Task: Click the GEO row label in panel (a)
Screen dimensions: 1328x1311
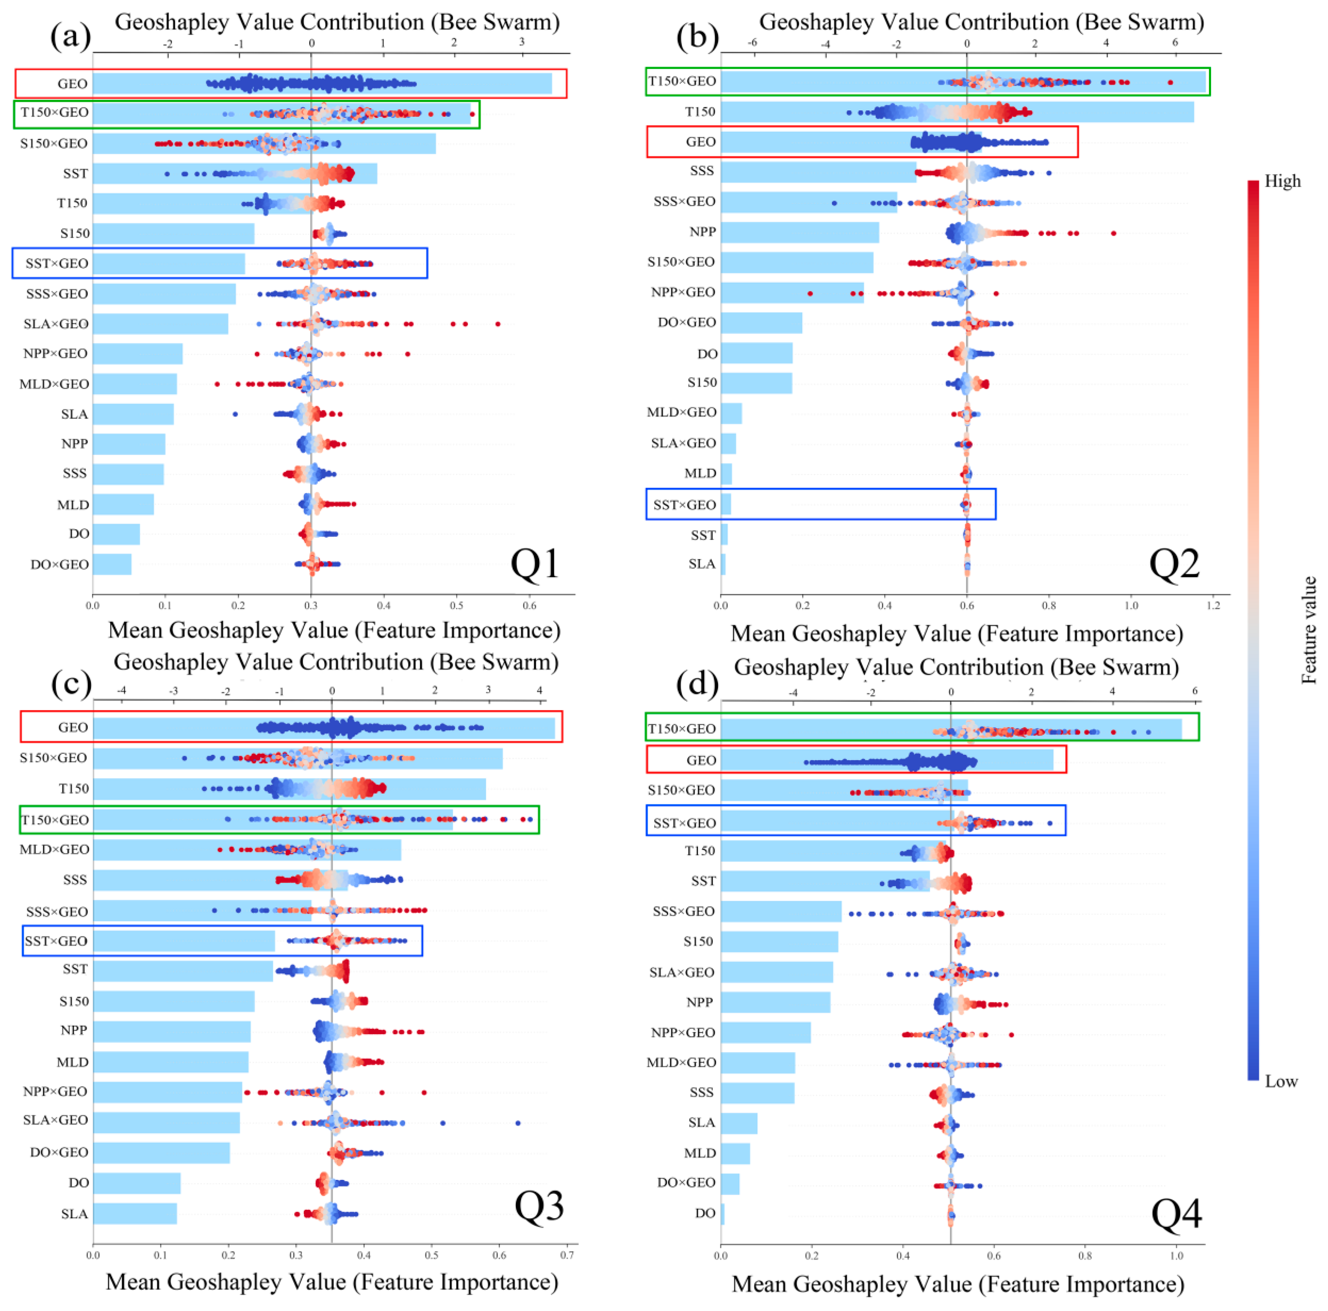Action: [x=72, y=84]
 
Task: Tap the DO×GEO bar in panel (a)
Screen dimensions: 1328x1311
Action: [x=112, y=564]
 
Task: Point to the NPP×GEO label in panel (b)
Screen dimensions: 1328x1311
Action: [x=683, y=292]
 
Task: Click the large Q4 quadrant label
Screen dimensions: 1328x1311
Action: [x=1177, y=1213]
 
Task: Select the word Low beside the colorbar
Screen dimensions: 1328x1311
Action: [x=1281, y=1082]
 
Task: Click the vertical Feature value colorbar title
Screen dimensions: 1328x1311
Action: [x=1309, y=630]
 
